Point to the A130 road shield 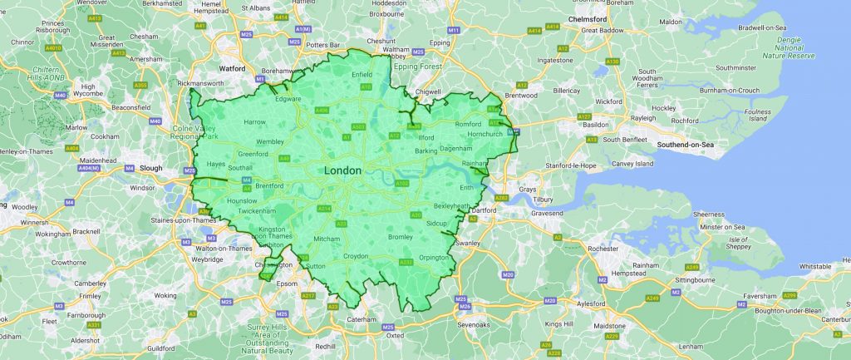coord(612,62)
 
